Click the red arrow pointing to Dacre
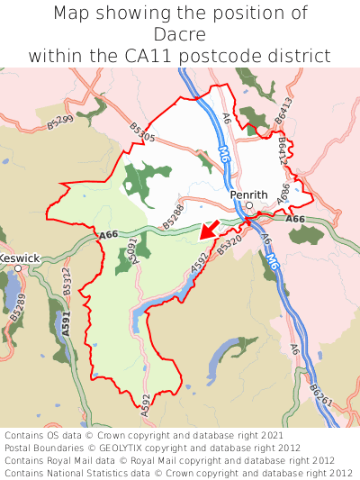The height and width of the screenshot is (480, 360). click(208, 231)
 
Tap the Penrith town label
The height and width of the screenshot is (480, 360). click(248, 194)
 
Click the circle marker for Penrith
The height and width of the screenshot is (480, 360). click(249, 205)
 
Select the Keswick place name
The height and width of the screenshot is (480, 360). click(19, 258)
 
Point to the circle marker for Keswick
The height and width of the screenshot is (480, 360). click(17, 268)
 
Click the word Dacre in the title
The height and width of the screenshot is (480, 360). click(180, 34)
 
